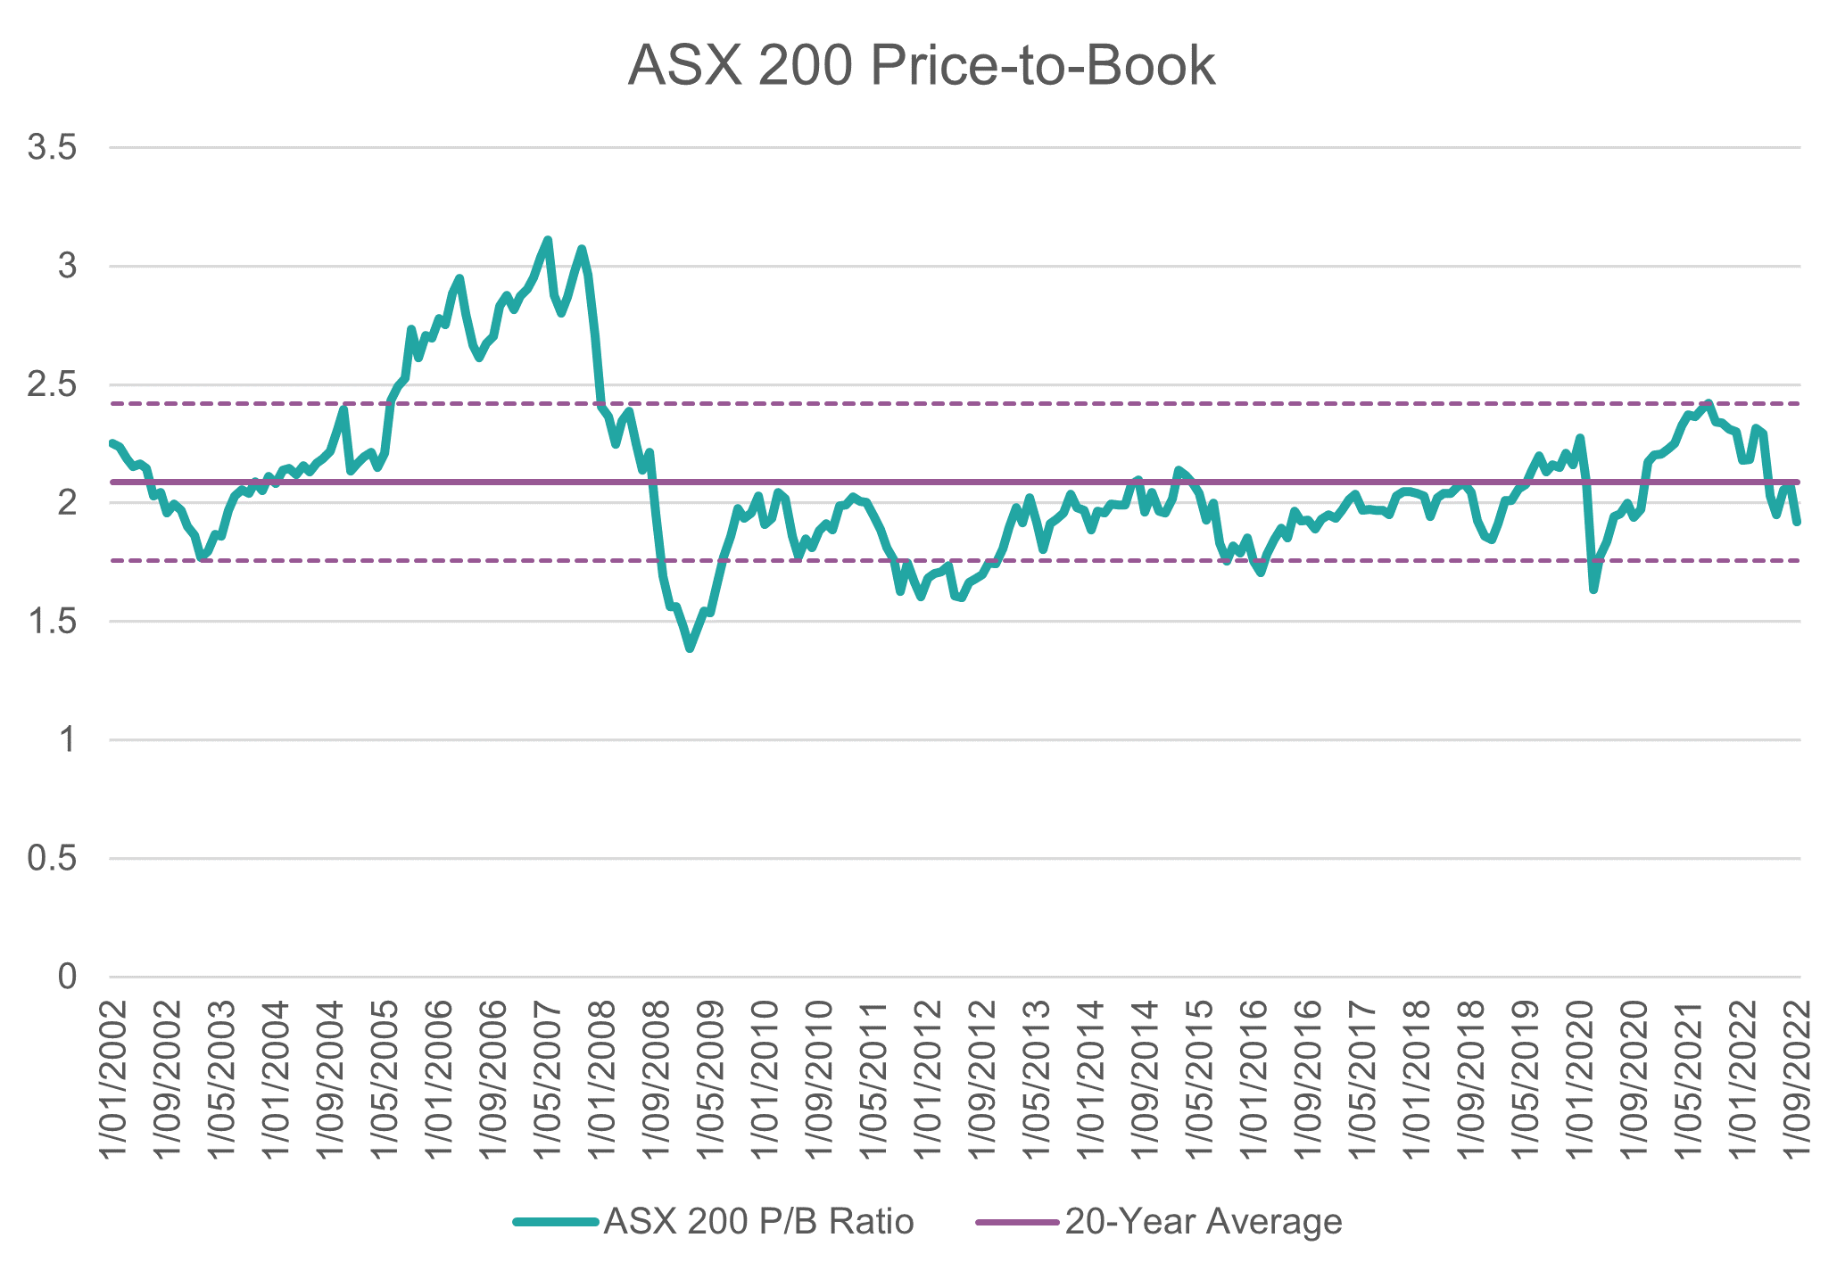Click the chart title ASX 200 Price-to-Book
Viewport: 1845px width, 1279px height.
[x=922, y=66]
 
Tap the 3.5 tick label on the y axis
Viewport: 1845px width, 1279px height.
[x=51, y=148]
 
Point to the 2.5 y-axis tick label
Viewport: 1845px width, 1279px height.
[x=51, y=385]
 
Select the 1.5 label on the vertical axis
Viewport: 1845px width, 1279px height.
[x=51, y=622]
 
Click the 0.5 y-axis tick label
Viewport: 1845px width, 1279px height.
[x=51, y=859]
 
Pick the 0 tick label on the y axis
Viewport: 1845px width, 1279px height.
[x=67, y=978]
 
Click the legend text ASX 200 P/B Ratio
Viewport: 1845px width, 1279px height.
[x=758, y=1221]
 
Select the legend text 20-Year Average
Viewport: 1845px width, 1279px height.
[x=1204, y=1221]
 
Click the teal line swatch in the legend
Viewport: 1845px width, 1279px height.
[x=555, y=1222]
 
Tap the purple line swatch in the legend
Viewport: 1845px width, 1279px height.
[x=1016, y=1222]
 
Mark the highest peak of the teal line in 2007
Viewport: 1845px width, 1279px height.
[x=548, y=240]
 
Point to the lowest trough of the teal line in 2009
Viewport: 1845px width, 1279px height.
[x=690, y=648]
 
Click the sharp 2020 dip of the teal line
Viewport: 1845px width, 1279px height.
[x=1593, y=590]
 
